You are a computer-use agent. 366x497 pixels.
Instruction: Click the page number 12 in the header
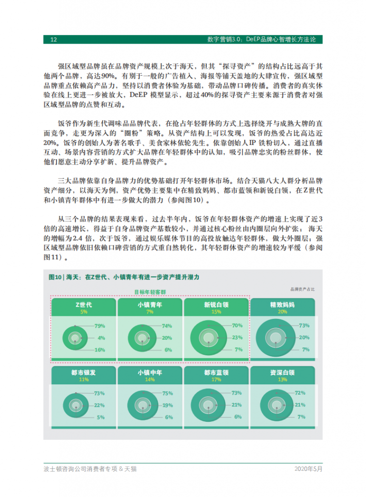(x=54, y=39)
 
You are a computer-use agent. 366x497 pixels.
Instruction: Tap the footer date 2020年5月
(x=308, y=469)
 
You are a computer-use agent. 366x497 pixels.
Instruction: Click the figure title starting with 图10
(x=124, y=276)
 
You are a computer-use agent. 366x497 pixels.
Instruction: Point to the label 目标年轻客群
(x=150, y=292)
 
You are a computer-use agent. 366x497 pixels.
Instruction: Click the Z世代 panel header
(x=83, y=305)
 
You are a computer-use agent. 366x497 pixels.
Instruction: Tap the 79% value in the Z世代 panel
(x=100, y=326)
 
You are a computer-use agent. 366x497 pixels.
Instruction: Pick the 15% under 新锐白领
(x=216, y=312)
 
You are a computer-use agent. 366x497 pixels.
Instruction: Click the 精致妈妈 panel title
(x=282, y=305)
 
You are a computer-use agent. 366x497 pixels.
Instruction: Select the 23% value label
(x=237, y=337)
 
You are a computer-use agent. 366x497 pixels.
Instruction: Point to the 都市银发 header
(x=83, y=373)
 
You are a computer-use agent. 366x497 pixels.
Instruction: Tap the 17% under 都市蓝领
(x=216, y=380)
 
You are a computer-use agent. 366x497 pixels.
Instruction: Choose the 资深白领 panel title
(x=282, y=373)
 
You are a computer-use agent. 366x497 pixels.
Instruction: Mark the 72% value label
(x=300, y=393)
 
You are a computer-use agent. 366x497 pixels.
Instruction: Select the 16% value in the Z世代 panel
(x=100, y=349)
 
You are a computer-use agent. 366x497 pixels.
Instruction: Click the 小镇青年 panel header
(x=150, y=305)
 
